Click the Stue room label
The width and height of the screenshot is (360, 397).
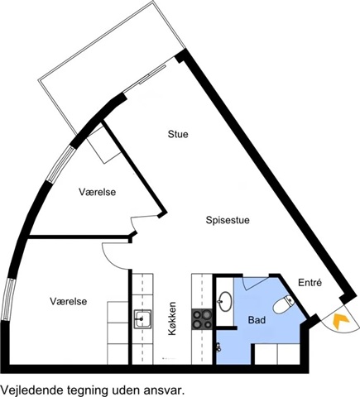(178, 134)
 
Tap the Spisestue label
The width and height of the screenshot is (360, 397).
(228, 220)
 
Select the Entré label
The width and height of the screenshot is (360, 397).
(310, 283)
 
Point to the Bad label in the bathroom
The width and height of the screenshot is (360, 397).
(257, 320)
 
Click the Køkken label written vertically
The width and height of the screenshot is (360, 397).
(172, 318)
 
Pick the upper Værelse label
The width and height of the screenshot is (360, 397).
(98, 192)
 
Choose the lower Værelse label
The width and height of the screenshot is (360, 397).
(69, 301)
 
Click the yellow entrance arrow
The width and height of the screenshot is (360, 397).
(341, 321)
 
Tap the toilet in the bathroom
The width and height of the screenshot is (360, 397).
(284, 304)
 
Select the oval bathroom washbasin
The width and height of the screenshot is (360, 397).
(225, 301)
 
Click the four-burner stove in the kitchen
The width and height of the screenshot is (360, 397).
(202, 319)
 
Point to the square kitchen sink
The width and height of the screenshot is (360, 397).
(142, 319)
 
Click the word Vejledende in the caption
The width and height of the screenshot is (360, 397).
(31, 390)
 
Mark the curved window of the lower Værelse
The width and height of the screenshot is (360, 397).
(7, 299)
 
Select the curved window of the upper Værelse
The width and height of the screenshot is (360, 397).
(60, 164)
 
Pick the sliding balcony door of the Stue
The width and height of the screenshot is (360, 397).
(152, 74)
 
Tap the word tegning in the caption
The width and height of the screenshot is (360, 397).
(87, 391)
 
